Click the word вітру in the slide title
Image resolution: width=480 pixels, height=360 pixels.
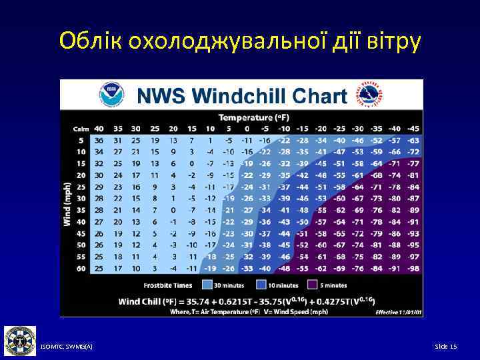tap(393, 41)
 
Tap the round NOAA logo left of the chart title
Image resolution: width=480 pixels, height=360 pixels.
tap(111, 95)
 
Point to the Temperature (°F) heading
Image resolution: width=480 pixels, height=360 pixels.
tap(247, 117)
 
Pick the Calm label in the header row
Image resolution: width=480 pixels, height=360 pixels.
tap(81, 128)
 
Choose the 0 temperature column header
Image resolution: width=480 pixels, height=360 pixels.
tap(247, 128)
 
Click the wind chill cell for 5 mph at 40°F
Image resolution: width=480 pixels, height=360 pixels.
tap(99, 140)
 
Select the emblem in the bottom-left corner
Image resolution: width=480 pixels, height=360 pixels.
tap(20, 341)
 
